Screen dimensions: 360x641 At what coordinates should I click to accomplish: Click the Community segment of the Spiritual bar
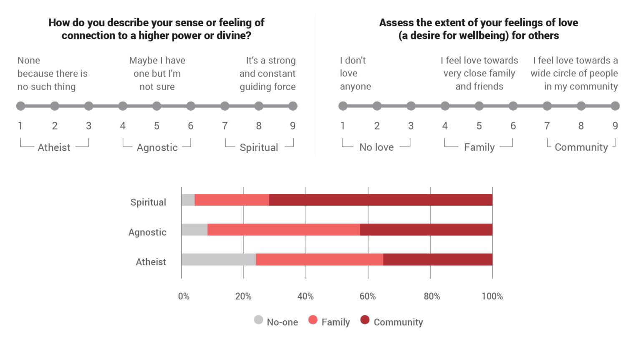pyautogui.click(x=381, y=200)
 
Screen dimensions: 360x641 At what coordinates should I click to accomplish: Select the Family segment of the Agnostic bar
pyautogui.click(x=284, y=230)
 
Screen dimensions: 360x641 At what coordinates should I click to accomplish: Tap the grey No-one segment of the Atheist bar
pyautogui.click(x=219, y=259)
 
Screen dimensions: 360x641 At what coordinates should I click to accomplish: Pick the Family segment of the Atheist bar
pyautogui.click(x=319, y=259)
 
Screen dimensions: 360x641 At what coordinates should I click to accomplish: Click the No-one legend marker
pyautogui.click(x=259, y=320)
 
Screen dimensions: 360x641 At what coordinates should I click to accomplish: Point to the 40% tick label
pyautogui.click(x=305, y=296)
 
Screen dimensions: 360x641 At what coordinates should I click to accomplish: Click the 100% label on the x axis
pyautogui.click(x=492, y=296)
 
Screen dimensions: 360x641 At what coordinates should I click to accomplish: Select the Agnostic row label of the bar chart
pyautogui.click(x=147, y=232)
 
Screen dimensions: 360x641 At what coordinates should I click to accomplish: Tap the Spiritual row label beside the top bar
pyautogui.click(x=148, y=202)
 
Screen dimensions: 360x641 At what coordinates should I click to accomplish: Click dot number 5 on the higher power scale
pyautogui.click(x=156, y=106)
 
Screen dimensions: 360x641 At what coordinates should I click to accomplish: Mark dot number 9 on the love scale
pyautogui.click(x=615, y=106)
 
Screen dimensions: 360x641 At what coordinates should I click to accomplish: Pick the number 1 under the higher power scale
pyautogui.click(x=20, y=126)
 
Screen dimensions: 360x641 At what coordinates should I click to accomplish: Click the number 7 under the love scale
pyautogui.click(x=547, y=126)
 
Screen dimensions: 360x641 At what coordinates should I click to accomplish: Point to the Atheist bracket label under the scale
pyautogui.click(x=54, y=147)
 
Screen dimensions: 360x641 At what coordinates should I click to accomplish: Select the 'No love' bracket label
pyautogui.click(x=376, y=147)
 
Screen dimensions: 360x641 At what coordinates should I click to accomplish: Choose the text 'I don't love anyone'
pyautogui.click(x=355, y=74)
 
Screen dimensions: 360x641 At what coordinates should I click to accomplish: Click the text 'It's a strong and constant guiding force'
pyautogui.click(x=268, y=74)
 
